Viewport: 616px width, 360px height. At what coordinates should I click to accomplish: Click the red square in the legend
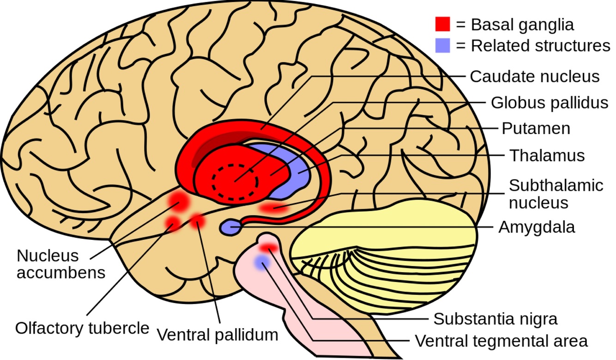coord(442,24)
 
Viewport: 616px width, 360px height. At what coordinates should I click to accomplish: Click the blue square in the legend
coord(442,45)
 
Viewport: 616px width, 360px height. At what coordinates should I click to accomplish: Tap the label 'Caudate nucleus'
coord(534,76)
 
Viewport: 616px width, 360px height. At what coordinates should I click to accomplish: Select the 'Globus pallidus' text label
coord(549,103)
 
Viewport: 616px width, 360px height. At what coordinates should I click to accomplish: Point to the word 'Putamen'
coord(536,128)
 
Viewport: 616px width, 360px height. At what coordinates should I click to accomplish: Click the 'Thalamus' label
coord(547,155)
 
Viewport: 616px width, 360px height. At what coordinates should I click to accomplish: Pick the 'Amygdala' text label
coord(537,227)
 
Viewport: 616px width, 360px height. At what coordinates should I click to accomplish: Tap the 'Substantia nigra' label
coord(495,318)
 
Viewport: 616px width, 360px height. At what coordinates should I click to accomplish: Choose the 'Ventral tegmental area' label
coord(501,341)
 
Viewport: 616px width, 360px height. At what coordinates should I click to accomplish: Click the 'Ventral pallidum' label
coord(217,335)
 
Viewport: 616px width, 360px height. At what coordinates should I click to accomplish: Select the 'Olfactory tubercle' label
coord(82,328)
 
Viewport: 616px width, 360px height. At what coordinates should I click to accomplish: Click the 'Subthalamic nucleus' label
coord(556,194)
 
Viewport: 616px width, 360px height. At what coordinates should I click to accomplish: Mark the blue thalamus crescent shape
coord(296,171)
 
